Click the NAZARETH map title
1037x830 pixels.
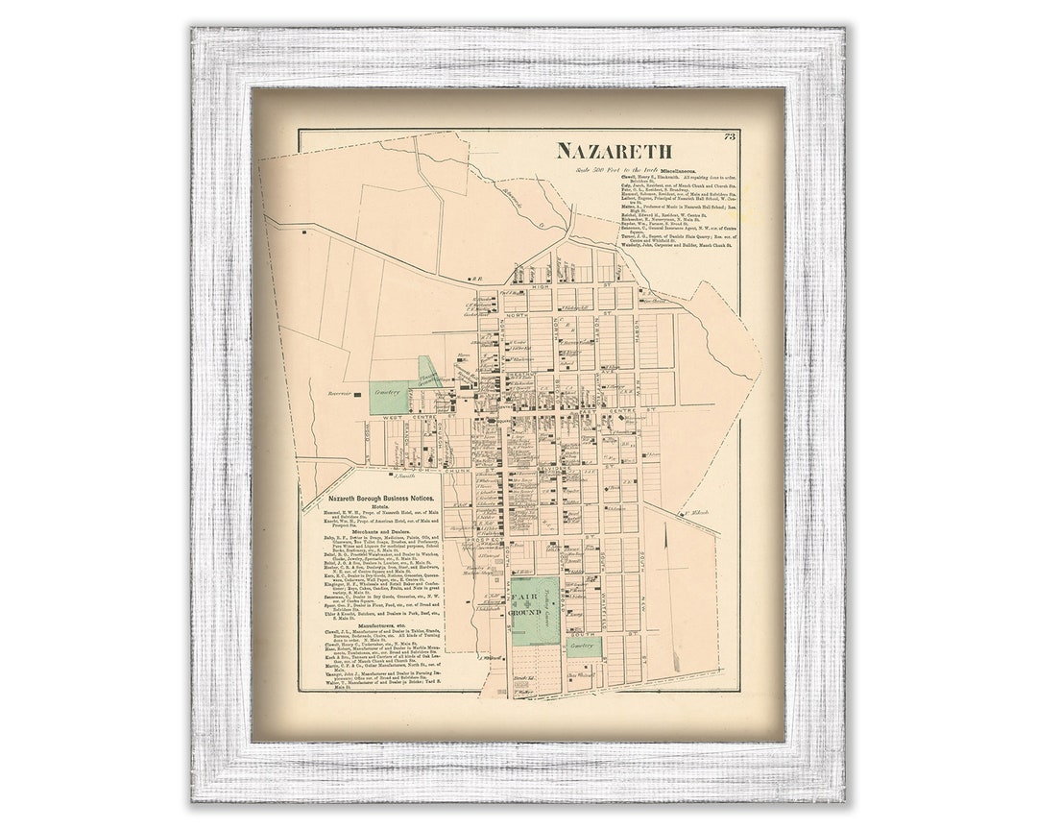click(x=615, y=151)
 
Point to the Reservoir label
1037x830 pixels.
click(x=341, y=393)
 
